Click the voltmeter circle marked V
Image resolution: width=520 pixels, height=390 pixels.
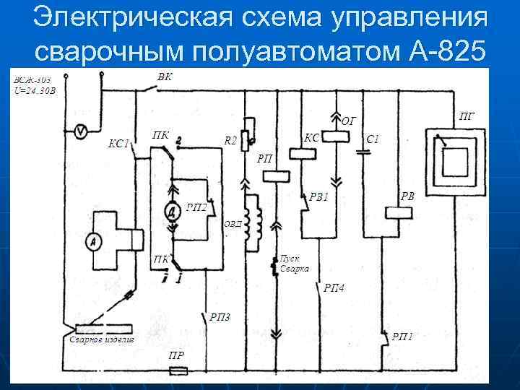coord(82,131)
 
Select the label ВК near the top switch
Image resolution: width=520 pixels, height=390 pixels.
coord(164,77)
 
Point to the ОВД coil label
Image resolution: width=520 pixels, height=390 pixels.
coord(233,225)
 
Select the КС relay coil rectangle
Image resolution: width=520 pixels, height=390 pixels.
coord(298,153)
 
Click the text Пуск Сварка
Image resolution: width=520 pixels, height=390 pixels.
coord(294,263)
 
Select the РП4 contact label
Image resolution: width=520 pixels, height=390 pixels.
coord(334,287)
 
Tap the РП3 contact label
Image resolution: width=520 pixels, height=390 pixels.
coord(220,316)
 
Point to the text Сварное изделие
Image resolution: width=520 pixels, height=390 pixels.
coord(102,339)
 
